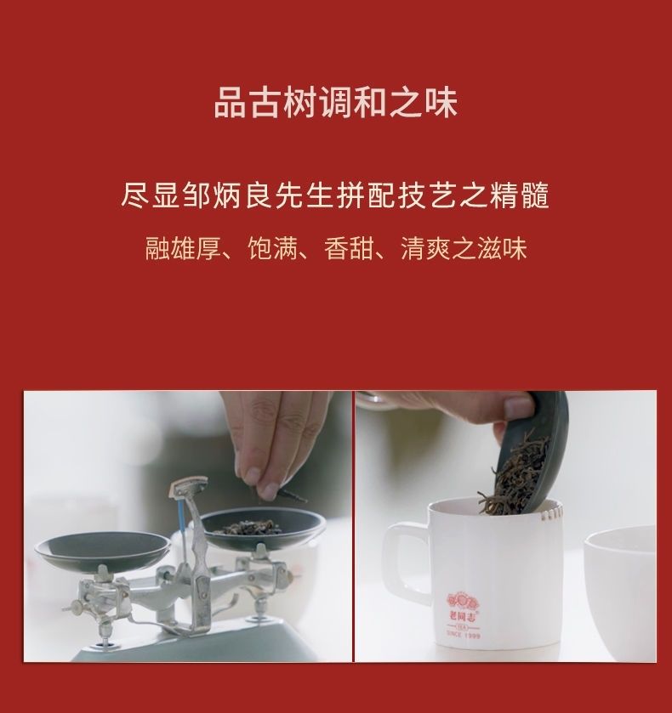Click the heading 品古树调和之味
point(336,102)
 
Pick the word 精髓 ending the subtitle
point(519,195)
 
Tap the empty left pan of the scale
point(102,549)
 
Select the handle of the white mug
point(405,558)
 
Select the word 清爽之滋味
point(464,249)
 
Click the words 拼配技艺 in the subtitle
point(397,195)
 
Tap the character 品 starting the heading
point(230,102)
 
